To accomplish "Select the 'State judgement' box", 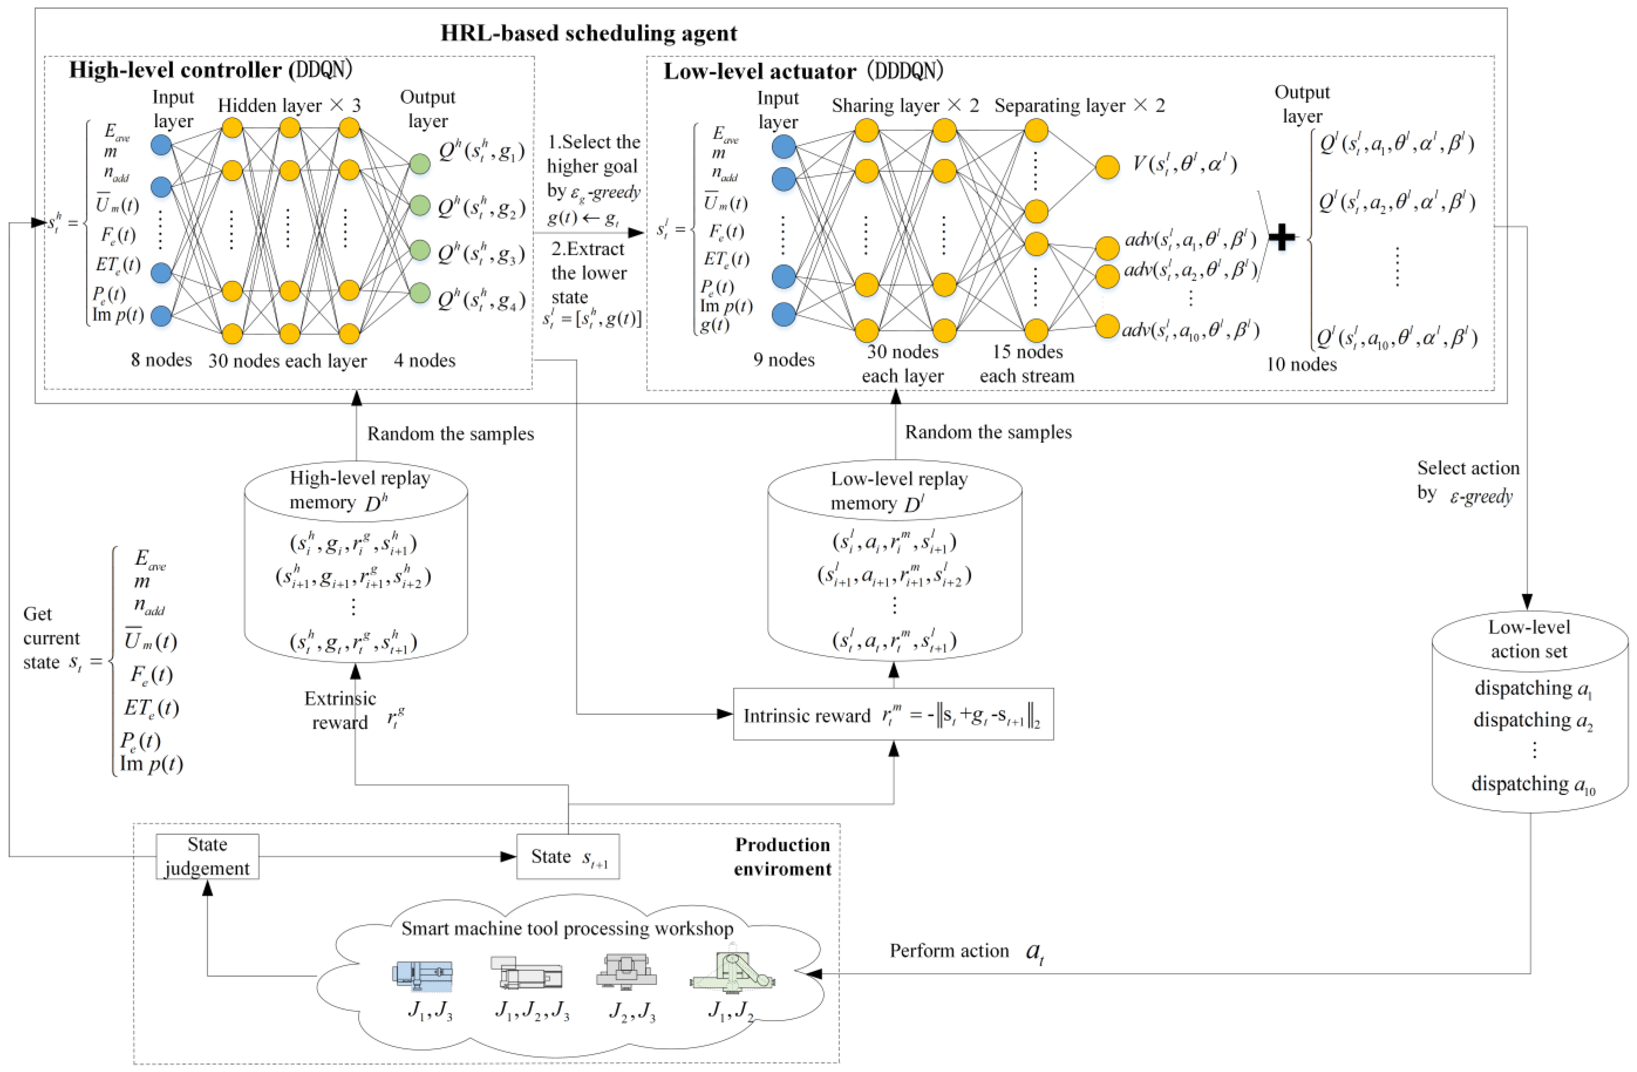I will (207, 856).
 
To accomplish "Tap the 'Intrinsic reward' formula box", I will (893, 715).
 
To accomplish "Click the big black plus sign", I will (1281, 238).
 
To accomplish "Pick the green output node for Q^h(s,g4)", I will (420, 293).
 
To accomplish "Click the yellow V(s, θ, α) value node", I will (1107, 166).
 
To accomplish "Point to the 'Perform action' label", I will (949, 950).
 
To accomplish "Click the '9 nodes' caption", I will (784, 360).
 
